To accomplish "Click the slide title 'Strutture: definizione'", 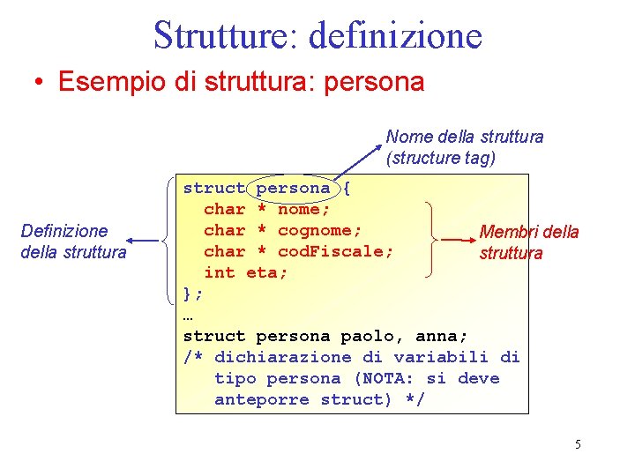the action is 317,35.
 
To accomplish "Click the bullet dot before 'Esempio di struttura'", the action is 39,83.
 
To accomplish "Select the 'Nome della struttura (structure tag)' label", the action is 464,147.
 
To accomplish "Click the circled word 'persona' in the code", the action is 293,188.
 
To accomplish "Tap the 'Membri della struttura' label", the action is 528,242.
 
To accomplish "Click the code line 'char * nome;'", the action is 267,209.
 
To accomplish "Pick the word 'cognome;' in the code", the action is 319,230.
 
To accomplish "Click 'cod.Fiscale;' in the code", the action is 335,251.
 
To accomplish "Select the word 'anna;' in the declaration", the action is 441,336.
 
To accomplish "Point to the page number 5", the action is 578,444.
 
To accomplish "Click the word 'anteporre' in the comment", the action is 262,399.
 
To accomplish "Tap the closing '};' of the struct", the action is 193,294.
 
